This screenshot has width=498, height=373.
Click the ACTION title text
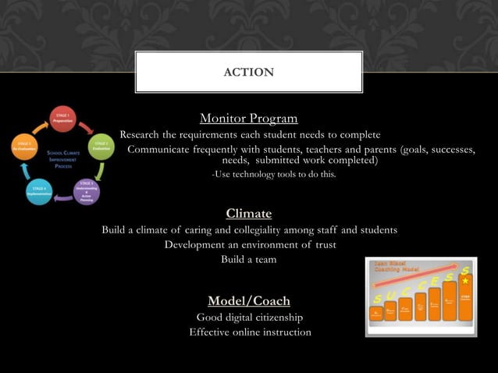[x=248, y=73]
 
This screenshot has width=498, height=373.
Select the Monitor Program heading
[x=248, y=119]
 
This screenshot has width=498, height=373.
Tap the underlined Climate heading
[x=248, y=213]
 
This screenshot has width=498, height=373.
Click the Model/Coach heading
[x=248, y=300]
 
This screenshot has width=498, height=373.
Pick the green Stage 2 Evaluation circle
[x=100, y=147]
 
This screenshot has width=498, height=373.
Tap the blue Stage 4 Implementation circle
[x=39, y=191]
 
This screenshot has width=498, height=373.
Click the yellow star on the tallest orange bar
[x=465, y=281]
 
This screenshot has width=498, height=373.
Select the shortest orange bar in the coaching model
[x=376, y=314]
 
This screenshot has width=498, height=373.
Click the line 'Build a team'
[x=248, y=259]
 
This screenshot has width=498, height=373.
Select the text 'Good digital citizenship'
[x=249, y=317]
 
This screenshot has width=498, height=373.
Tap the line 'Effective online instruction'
[x=250, y=332]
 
